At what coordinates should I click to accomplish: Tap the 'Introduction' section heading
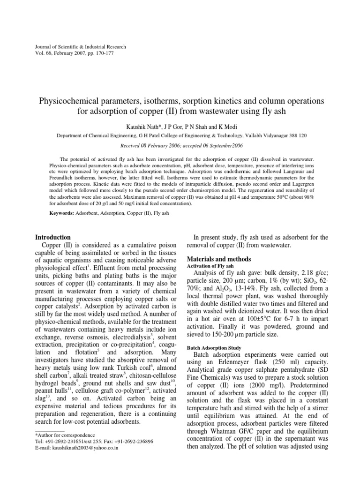click(x=53, y=238)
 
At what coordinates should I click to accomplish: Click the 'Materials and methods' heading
click(x=219, y=259)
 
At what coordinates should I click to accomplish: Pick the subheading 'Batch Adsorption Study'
click(x=214, y=348)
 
